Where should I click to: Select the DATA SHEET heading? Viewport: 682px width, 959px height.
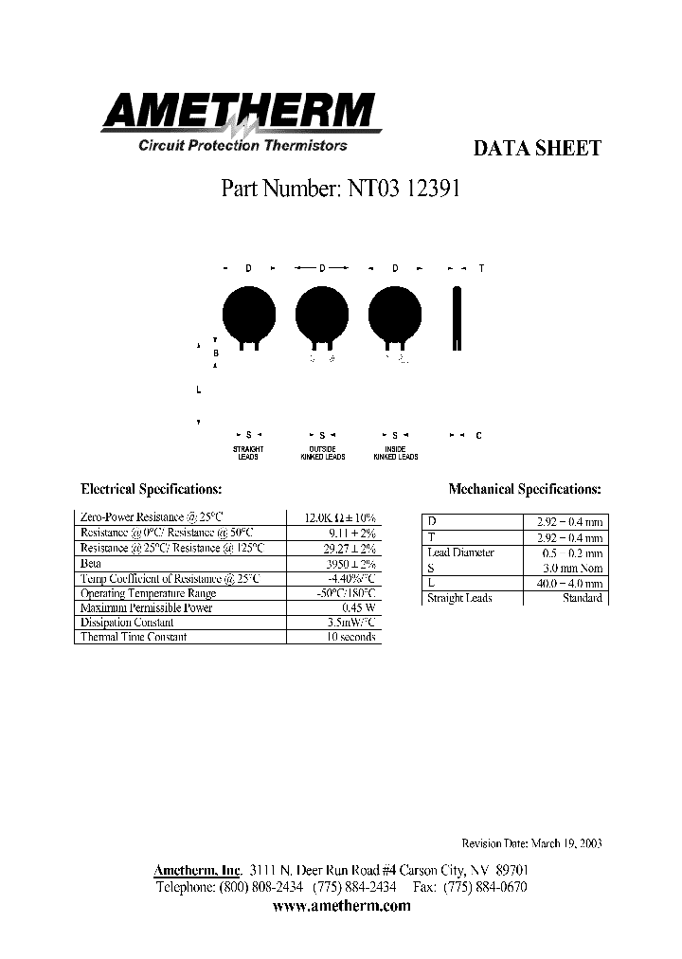tap(536, 148)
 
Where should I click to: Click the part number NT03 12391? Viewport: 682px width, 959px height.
tap(340, 188)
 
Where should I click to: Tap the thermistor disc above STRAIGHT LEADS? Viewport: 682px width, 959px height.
tap(248, 312)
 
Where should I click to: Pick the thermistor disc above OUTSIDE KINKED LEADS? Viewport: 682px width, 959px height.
tap(323, 312)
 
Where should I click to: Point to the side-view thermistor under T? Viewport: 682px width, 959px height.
tap(458, 317)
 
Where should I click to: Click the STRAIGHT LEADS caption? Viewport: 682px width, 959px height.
tap(248, 452)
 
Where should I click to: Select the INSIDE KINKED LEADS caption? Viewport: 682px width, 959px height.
tap(395, 452)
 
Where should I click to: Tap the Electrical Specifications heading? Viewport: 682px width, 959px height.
tap(152, 490)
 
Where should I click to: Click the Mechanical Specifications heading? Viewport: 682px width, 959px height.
tap(524, 490)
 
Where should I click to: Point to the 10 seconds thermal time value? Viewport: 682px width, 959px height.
tap(351, 637)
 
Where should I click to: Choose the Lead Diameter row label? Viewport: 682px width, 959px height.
tap(461, 552)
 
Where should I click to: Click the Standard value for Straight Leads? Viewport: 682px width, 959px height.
tap(582, 599)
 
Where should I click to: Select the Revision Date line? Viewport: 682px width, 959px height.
tap(531, 843)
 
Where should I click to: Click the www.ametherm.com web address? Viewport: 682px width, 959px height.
tap(341, 906)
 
